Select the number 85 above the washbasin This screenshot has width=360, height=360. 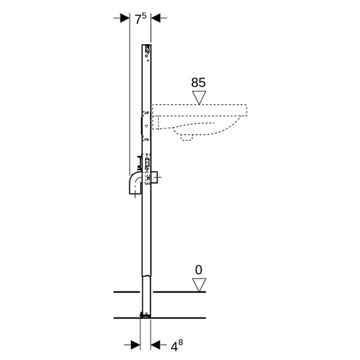pyautogui.click(x=199, y=82)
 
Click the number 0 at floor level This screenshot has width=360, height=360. pyautogui.click(x=199, y=270)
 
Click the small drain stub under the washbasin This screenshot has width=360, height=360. pyautogui.click(x=186, y=137)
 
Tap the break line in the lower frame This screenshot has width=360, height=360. pyautogui.click(x=146, y=276)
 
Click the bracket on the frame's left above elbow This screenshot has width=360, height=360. pyautogui.click(x=139, y=161)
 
